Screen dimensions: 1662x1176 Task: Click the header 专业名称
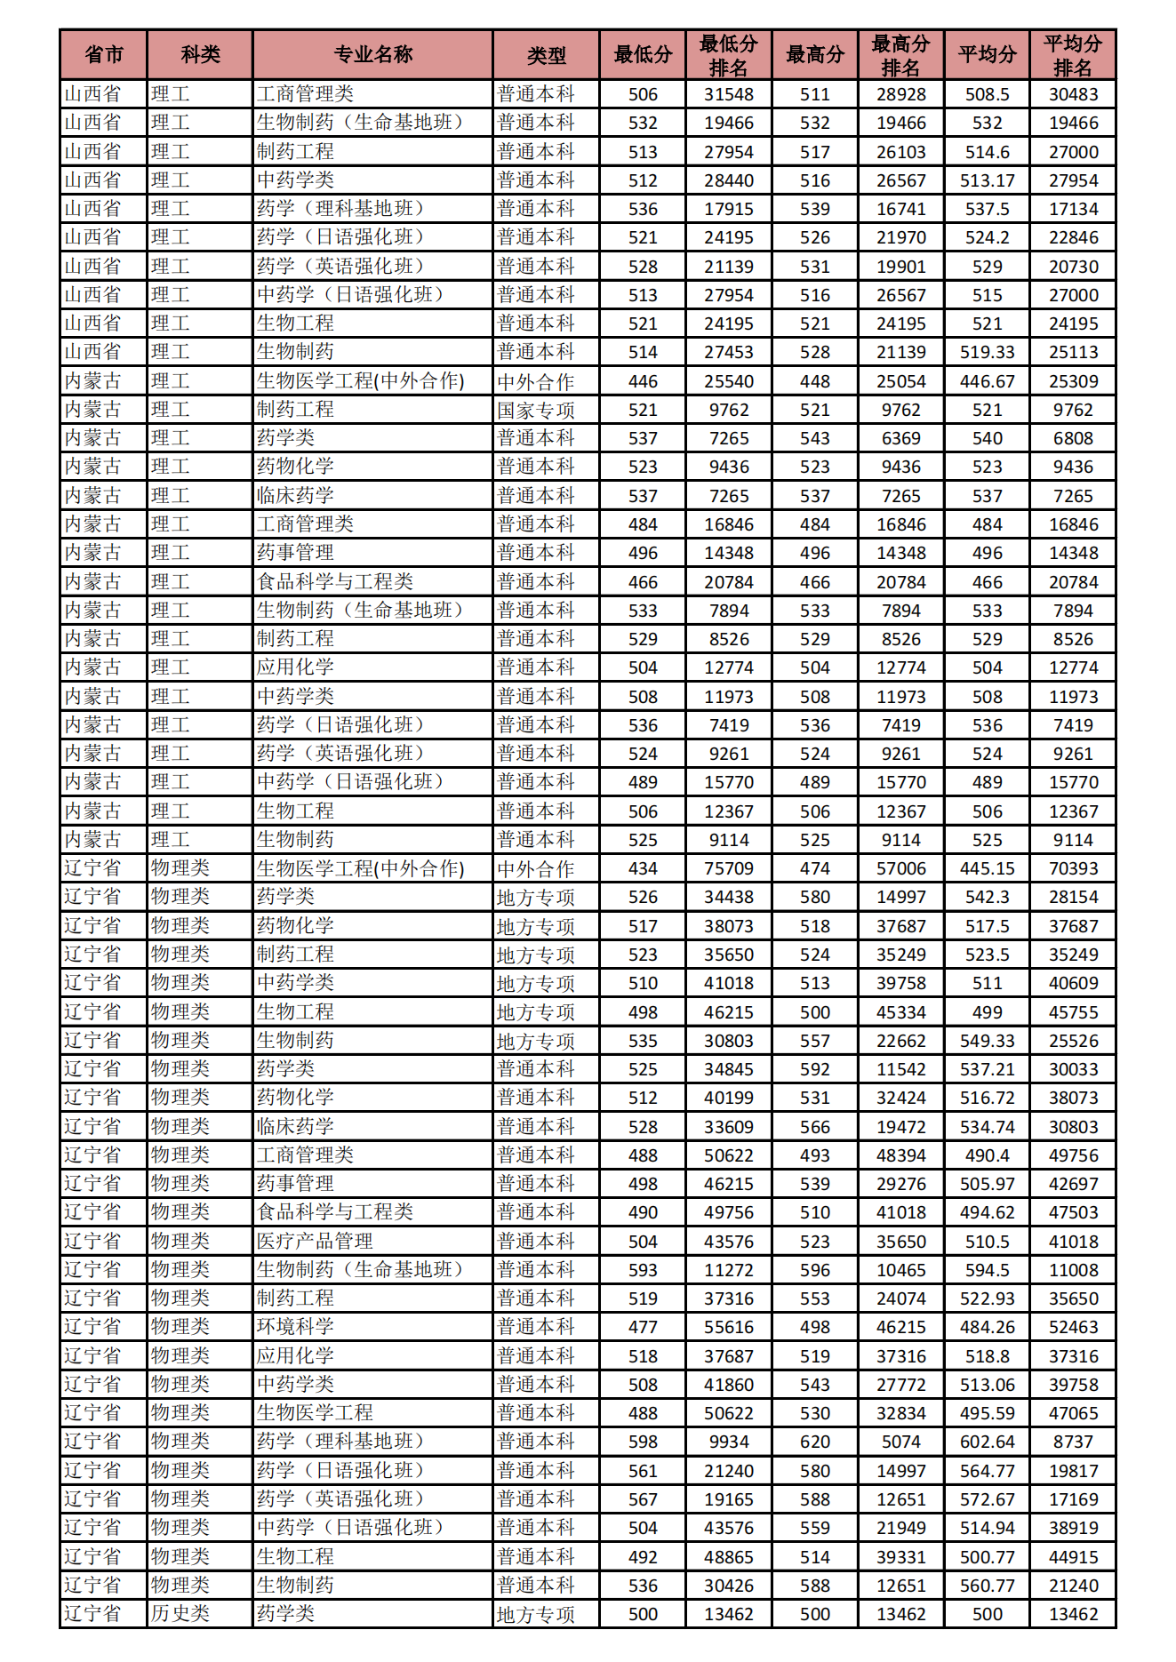pos(372,55)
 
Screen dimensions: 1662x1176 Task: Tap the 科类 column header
pos(200,55)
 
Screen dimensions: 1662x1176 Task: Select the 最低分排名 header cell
pos(728,55)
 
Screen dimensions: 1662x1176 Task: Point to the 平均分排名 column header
pos(1073,55)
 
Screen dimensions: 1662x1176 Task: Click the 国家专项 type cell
pos(536,410)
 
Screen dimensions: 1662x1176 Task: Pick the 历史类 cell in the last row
pos(180,1613)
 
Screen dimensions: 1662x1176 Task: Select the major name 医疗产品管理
pos(315,1241)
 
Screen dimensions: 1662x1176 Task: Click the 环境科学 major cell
pos(295,1326)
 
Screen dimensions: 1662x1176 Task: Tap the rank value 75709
pos(728,868)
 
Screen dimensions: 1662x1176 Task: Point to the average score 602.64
pos(987,1442)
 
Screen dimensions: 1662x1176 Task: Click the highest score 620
pos(814,1442)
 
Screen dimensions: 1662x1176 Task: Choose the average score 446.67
pos(987,381)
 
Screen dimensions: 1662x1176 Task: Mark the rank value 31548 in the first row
pos(728,94)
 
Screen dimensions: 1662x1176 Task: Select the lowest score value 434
pos(643,868)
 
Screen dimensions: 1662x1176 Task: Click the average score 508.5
pos(987,94)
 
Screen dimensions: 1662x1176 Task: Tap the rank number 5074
pos(900,1442)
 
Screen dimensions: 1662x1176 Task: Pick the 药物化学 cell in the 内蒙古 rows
pos(295,467)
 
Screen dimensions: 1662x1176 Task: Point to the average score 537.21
pos(987,1069)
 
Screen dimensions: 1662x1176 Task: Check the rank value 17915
pos(728,209)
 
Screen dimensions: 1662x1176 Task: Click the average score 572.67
pos(987,1499)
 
